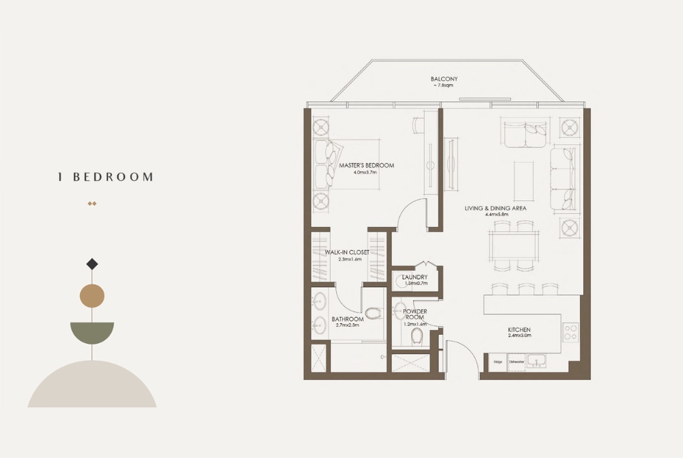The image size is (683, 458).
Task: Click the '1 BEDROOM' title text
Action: pyautogui.click(x=106, y=177)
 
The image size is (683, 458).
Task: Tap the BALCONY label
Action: pyautogui.click(x=444, y=79)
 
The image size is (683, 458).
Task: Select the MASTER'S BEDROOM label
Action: pyautogui.click(x=366, y=165)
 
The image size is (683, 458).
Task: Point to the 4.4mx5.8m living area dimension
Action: pyautogui.click(x=495, y=215)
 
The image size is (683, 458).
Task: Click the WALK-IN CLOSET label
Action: pyautogui.click(x=347, y=252)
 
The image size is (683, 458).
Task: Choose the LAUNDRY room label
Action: pyautogui.click(x=415, y=277)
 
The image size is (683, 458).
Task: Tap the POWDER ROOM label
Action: pyautogui.click(x=415, y=314)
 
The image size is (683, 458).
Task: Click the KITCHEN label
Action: pyautogui.click(x=519, y=330)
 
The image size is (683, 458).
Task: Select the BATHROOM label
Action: pyautogui.click(x=348, y=319)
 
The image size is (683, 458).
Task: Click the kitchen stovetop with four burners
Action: pyautogui.click(x=570, y=332)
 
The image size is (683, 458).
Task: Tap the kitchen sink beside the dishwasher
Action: pyautogui.click(x=537, y=360)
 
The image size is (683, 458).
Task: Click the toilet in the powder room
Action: pyautogui.click(x=417, y=336)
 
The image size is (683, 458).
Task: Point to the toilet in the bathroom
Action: pyautogui.click(x=373, y=314)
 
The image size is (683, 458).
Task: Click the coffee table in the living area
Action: pyautogui.click(x=525, y=176)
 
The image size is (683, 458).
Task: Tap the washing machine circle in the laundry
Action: pyautogui.click(x=399, y=280)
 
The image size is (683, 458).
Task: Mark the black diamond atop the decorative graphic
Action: pyautogui.click(x=93, y=264)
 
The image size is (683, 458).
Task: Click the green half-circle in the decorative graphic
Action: pyautogui.click(x=92, y=332)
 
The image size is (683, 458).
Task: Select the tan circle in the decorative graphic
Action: pyautogui.click(x=92, y=296)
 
